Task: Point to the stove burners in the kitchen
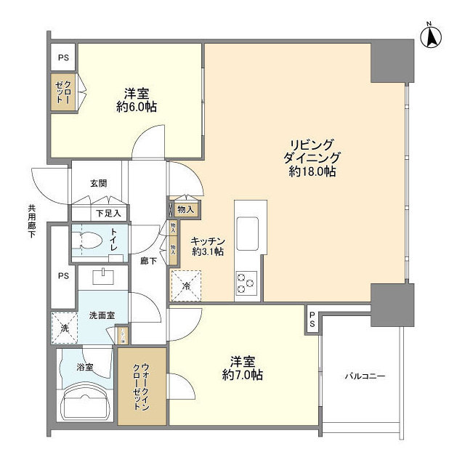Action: pos(246,282)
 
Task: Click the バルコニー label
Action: pos(365,376)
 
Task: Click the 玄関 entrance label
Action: pos(99,185)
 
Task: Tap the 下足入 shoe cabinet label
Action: pos(108,214)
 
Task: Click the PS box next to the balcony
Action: pos(311,320)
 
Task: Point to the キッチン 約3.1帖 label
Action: pos(208,246)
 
